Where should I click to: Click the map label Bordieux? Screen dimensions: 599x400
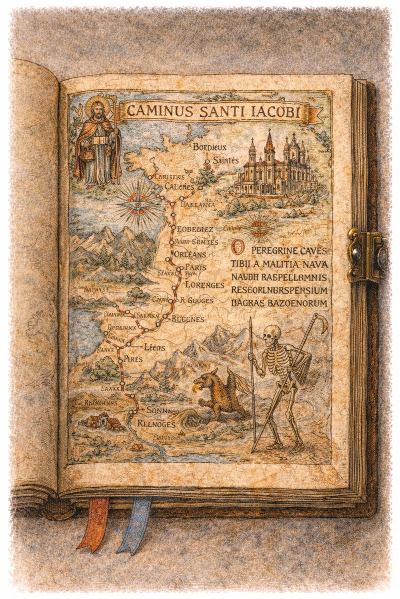click(x=209, y=147)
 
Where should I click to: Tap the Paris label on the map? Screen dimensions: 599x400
click(x=195, y=267)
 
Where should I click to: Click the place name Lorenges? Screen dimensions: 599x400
click(x=204, y=285)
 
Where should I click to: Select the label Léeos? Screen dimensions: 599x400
click(x=154, y=347)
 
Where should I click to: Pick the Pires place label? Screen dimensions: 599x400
click(x=133, y=359)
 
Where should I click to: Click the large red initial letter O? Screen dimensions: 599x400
click(x=239, y=248)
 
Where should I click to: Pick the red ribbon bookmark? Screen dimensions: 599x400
click(x=94, y=522)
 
